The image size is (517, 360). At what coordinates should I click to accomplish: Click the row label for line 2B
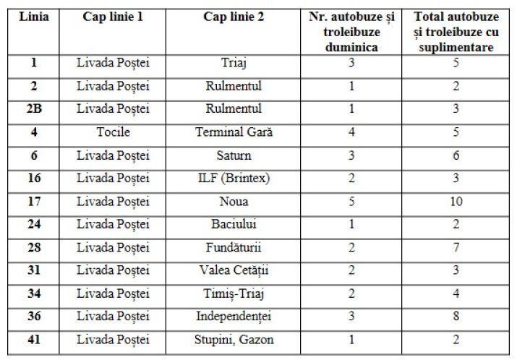coord(34,109)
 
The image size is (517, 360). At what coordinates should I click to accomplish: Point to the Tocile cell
coord(113,132)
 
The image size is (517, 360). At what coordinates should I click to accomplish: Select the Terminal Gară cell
coord(234,132)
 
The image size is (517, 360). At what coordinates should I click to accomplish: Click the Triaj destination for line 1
coord(234,63)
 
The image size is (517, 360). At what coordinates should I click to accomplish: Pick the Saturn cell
coord(234,155)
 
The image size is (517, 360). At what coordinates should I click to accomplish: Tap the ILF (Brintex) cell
coord(234,179)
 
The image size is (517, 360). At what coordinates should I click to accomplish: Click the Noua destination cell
coord(234,202)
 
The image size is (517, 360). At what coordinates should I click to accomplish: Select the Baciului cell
coord(234,225)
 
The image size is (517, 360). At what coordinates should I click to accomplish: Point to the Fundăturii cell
coord(234,248)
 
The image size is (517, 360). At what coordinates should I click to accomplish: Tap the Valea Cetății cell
coord(234,270)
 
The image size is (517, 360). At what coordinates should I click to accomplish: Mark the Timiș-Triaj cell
coord(234,293)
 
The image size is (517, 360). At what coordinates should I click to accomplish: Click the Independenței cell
coord(234,317)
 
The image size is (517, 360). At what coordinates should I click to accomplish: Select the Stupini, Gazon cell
coord(234,339)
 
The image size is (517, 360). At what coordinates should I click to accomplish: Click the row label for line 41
coord(34,339)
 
